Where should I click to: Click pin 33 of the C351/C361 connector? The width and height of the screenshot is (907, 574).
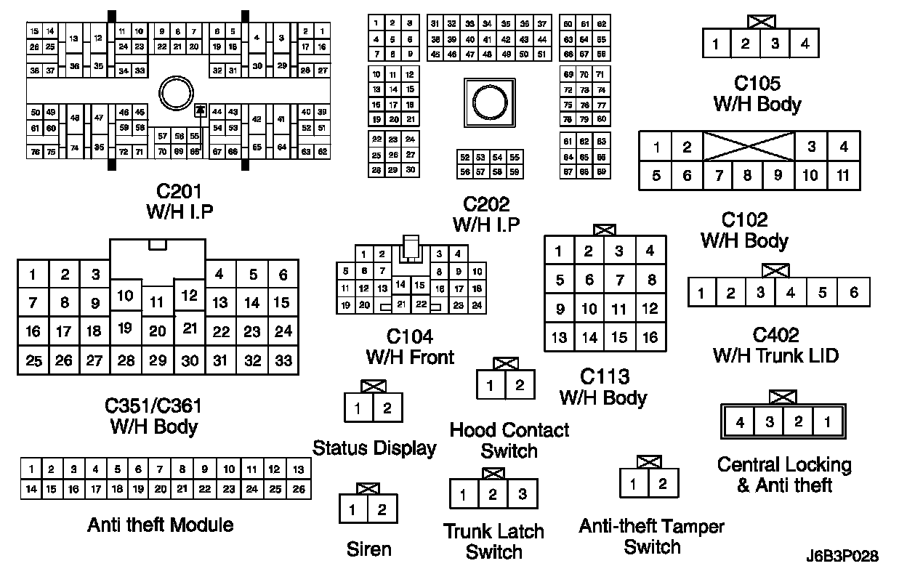tap(283, 360)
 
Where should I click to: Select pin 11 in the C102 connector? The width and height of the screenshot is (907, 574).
tap(843, 175)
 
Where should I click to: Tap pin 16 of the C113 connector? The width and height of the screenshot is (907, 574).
tap(650, 337)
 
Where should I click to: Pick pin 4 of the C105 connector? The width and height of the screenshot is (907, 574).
tap(805, 44)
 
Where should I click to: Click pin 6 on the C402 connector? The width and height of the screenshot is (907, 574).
tap(854, 293)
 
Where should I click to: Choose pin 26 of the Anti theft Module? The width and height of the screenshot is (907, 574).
tap(299, 489)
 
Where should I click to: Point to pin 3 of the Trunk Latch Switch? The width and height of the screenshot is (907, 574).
tap(522, 496)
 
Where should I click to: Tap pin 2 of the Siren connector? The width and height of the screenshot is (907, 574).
tap(383, 509)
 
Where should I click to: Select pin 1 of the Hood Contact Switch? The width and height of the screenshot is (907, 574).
tap(491, 385)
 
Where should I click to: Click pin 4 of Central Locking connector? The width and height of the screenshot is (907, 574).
tap(740, 421)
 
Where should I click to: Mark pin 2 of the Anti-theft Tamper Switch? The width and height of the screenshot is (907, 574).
tap(663, 483)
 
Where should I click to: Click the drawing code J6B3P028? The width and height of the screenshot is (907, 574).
tap(842, 557)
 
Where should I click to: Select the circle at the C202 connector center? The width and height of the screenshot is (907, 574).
tap(488, 99)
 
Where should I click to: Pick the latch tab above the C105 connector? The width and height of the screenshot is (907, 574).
tap(760, 21)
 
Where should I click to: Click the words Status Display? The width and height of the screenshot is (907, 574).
tap(374, 448)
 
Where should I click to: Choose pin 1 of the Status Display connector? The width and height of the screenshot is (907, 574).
tap(358, 408)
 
